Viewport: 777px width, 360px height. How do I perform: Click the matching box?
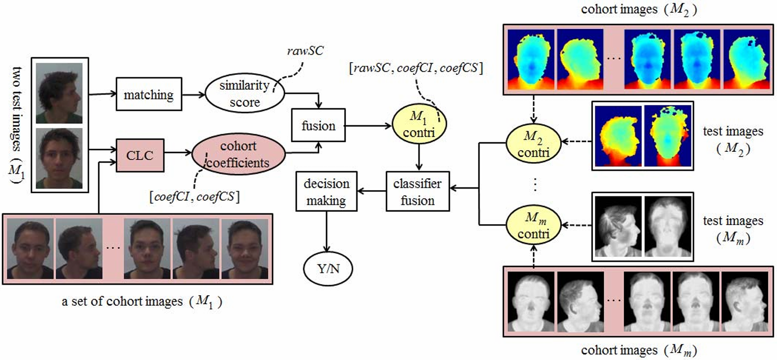coord(148,95)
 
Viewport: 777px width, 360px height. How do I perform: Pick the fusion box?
coord(318,126)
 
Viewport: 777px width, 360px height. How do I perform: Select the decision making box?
coord(326,192)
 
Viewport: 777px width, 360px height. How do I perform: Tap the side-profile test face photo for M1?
coord(59,93)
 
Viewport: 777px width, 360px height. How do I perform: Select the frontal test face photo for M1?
coord(59,158)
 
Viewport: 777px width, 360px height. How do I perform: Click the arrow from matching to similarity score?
coord(191,96)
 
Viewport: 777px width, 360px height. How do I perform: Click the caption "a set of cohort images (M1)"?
coord(142,301)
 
